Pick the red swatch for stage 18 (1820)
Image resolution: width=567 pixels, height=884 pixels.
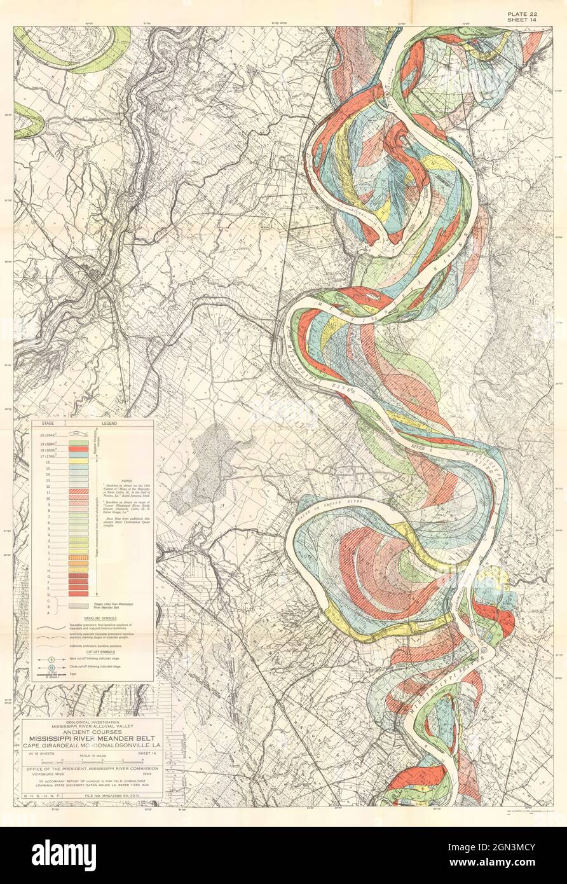point(78,449)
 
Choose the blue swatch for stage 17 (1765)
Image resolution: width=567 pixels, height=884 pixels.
point(78,456)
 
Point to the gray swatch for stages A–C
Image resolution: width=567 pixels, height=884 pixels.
point(78,606)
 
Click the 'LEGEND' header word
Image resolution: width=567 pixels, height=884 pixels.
point(107,422)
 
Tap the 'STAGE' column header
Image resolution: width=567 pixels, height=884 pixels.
point(48,422)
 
